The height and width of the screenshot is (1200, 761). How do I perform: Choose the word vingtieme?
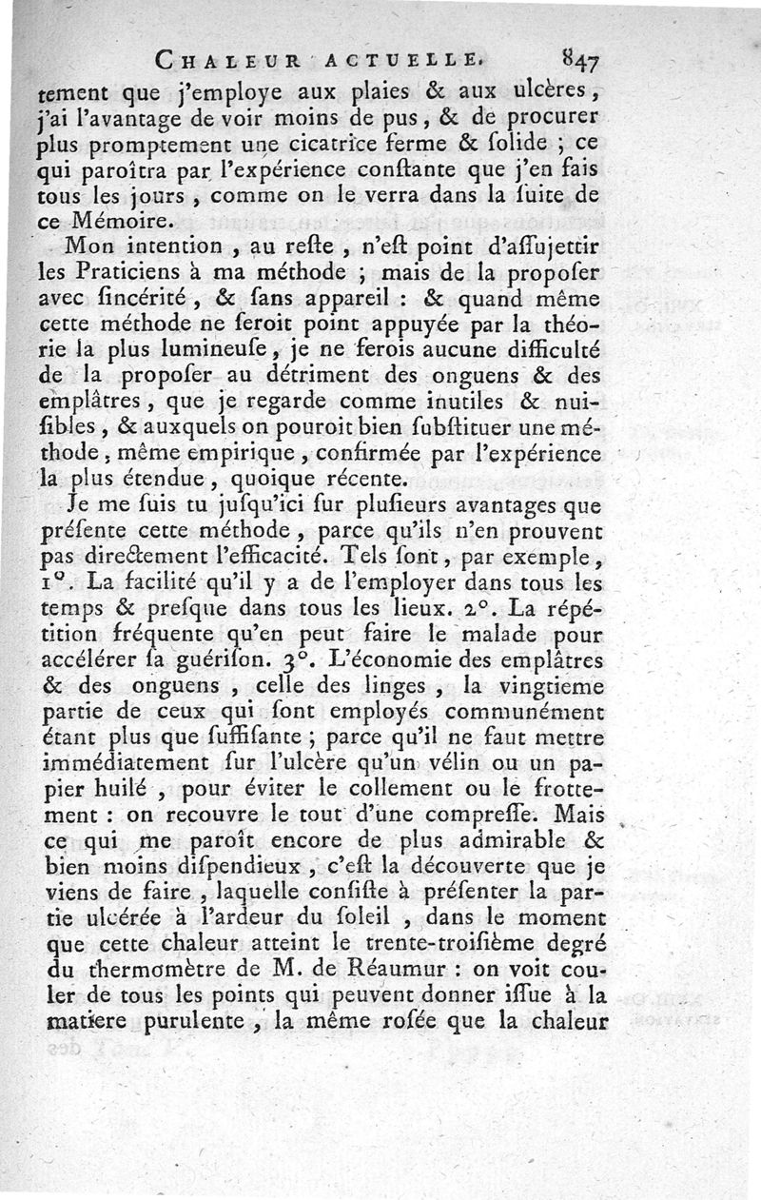click(x=550, y=684)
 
